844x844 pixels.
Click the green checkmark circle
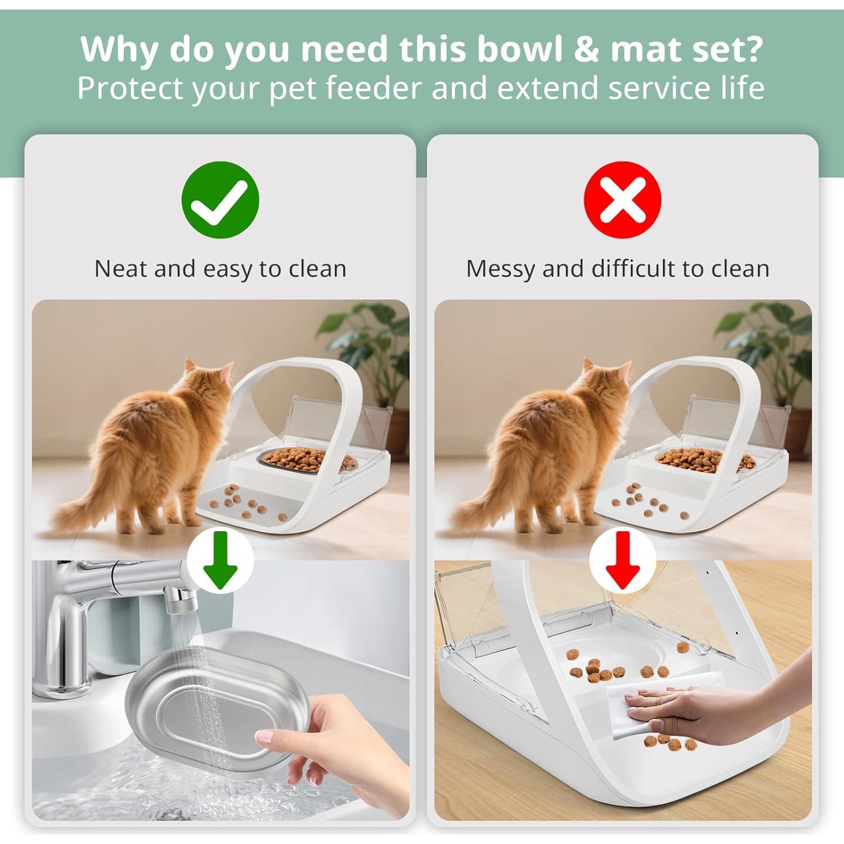[x=220, y=200]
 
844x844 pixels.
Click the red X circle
[x=622, y=200]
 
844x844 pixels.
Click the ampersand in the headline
[x=586, y=50]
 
